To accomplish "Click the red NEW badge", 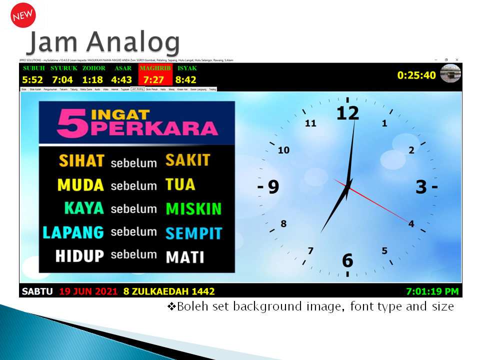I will (22, 14).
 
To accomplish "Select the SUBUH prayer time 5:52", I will (32, 79).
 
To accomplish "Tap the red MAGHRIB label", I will (155, 68).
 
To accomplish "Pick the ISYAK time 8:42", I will (185, 79).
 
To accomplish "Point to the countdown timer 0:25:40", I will (416, 75).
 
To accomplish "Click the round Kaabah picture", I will (450, 73).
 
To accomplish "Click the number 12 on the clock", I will (347, 113).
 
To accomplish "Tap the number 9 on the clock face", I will (273, 186).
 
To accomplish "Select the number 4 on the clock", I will (411, 224).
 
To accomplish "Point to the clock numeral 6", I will (347, 260).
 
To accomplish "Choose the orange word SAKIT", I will (188, 160).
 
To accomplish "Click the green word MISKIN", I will (193, 208).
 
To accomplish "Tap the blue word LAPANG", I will (73, 232).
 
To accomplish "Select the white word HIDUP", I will (79, 256).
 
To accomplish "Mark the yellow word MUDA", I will (80, 185).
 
